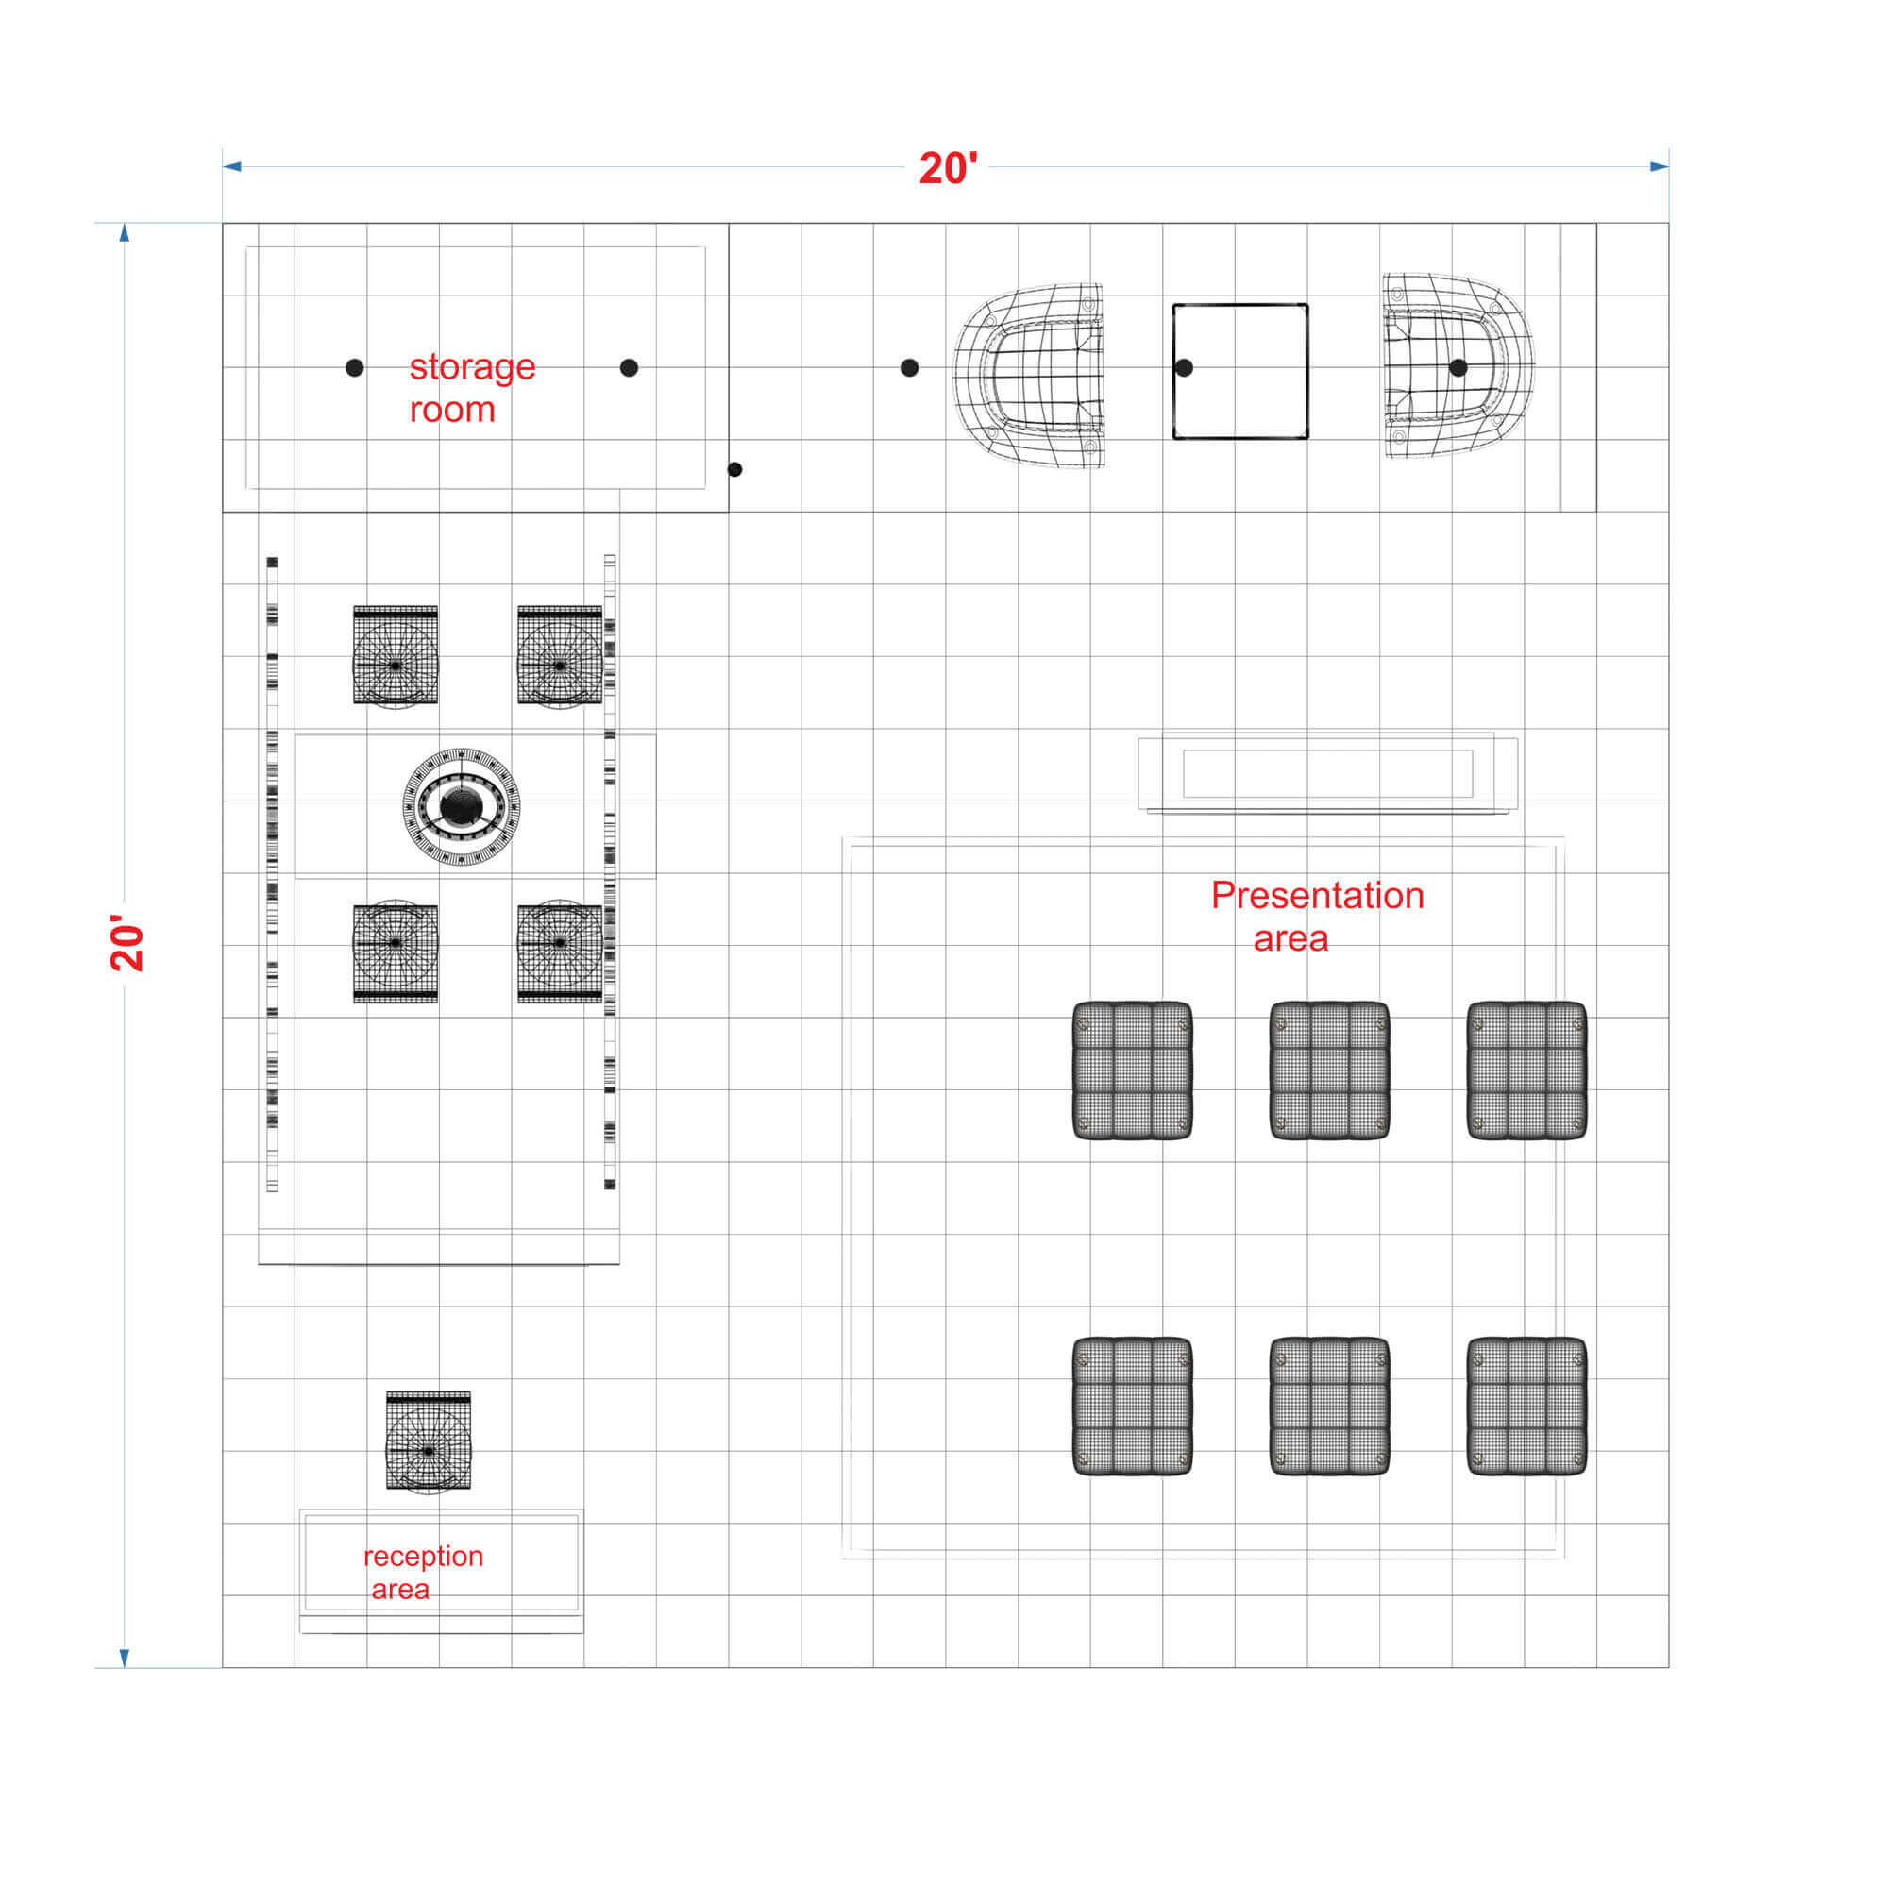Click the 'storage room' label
pos(472,388)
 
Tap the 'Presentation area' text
pos(1317,917)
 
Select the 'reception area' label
pos(422,1572)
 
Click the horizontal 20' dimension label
pos(948,168)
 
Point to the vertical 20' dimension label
pos(127,943)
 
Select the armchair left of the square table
pos(1028,376)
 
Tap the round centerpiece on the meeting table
pos(462,806)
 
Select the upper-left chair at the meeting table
pos(396,656)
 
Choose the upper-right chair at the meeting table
pos(560,656)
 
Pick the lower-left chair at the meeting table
pos(396,951)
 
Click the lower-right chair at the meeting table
pos(560,951)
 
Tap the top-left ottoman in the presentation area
pos(1133,1070)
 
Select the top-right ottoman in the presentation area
pos(1526,1070)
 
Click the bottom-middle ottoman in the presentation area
pos(1330,1407)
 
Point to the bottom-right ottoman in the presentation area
pos(1526,1407)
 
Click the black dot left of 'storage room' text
pos(355,367)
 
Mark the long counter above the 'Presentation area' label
pos(1328,773)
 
